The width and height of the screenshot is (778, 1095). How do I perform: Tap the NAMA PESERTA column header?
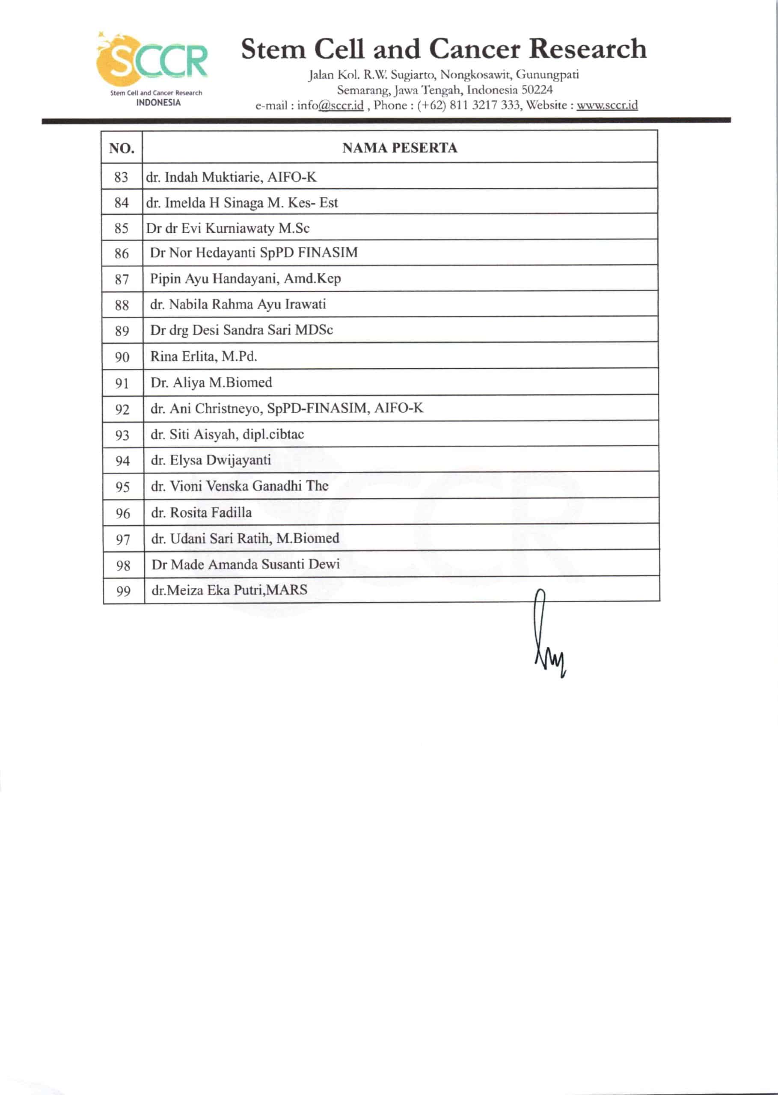tap(400, 148)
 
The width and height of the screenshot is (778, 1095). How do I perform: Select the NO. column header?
tap(122, 148)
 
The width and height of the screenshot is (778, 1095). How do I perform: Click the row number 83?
tap(121, 177)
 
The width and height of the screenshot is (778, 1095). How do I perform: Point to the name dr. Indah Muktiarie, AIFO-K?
tap(231, 177)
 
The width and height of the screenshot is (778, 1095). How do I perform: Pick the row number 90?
tap(122, 357)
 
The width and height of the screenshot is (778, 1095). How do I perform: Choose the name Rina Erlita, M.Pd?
tap(204, 356)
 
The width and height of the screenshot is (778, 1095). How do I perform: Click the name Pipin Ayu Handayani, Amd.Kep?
tap(245, 278)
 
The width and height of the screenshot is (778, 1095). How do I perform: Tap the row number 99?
tap(123, 591)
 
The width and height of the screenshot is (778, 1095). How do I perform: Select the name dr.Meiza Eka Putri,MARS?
tap(229, 590)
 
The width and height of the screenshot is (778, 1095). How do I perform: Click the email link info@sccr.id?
tap(330, 105)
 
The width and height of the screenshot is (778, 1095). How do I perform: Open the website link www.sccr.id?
tap(607, 105)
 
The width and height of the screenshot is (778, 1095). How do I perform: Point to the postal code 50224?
tap(537, 90)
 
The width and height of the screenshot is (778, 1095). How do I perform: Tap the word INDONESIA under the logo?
tap(159, 103)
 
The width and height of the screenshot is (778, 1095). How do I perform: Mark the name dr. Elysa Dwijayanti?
tap(211, 460)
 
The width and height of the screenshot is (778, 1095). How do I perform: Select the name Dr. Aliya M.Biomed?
tap(211, 382)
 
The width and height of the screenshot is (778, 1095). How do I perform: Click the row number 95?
tap(123, 487)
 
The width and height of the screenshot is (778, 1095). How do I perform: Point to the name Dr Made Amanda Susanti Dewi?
tap(246, 564)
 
